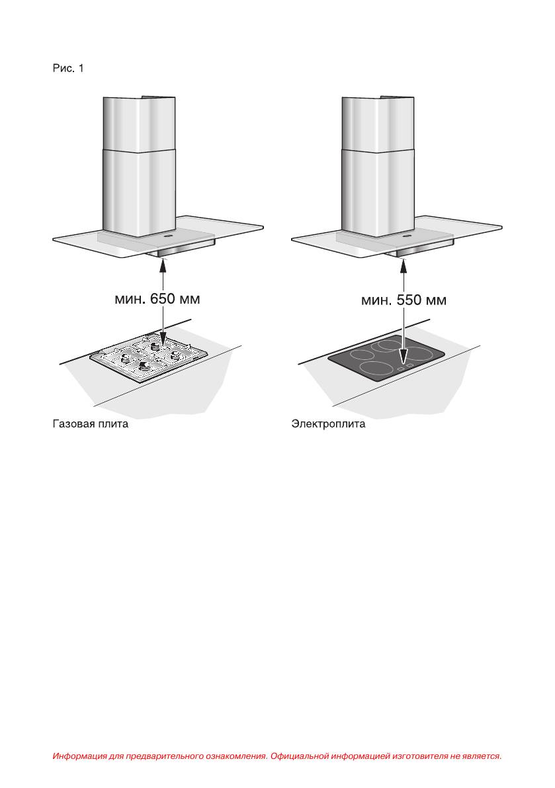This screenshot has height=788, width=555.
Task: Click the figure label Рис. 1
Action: click(x=68, y=68)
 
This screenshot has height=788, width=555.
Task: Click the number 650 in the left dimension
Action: click(x=163, y=298)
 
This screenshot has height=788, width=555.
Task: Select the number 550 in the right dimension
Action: click(x=409, y=300)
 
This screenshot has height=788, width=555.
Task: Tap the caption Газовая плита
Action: click(x=91, y=423)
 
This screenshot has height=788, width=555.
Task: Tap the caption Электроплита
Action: click(x=329, y=423)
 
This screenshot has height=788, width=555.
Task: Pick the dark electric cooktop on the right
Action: click(x=386, y=359)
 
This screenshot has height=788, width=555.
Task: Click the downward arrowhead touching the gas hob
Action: click(x=163, y=339)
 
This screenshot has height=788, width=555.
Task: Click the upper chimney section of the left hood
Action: click(x=139, y=122)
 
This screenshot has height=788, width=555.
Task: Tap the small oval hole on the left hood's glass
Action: click(x=167, y=234)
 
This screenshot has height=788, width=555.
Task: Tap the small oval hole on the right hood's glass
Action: click(x=406, y=234)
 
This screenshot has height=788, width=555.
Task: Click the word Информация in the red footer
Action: click(x=79, y=756)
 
